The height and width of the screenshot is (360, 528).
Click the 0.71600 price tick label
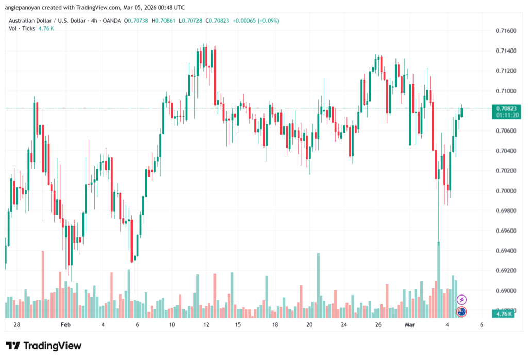(505, 31)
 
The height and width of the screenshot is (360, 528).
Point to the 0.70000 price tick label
(505, 191)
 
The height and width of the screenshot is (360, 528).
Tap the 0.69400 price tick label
(505, 251)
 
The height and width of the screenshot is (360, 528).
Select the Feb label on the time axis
(65, 325)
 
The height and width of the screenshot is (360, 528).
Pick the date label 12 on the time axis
(206, 325)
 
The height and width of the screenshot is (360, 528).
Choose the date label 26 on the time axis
(378, 325)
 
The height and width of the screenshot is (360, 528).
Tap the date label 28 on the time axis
(17, 325)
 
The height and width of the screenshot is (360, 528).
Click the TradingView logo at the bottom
(43, 346)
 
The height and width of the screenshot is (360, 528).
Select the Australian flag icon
(462, 311)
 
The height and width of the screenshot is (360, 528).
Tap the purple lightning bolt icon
(462, 299)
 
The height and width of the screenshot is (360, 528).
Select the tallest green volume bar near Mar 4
(439, 279)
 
